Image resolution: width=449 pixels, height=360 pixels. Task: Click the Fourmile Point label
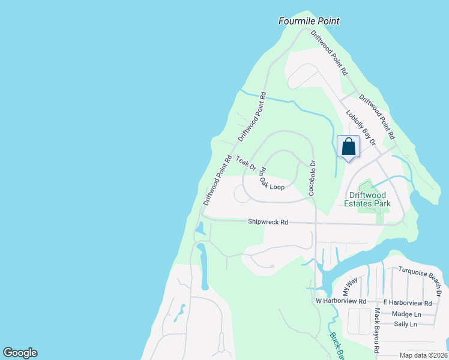tap(309, 21)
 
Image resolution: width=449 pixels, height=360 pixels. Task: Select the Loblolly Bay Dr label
tap(360, 127)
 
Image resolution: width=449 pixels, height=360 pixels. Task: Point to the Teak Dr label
tap(246, 163)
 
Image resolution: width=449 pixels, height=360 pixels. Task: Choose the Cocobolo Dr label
tap(312, 178)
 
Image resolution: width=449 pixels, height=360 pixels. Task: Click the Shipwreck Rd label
tap(268, 222)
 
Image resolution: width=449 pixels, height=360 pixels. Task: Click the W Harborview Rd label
tap(341, 301)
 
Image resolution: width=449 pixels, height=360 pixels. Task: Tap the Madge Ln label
tap(406, 314)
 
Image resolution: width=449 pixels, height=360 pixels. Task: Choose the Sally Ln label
tap(405, 324)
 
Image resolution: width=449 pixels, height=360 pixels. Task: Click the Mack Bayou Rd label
tap(377, 331)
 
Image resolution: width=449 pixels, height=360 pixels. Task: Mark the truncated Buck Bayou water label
tap(335, 347)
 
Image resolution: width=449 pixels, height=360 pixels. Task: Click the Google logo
tap(20, 353)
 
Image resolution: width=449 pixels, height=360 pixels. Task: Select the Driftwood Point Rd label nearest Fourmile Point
tap(329, 53)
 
